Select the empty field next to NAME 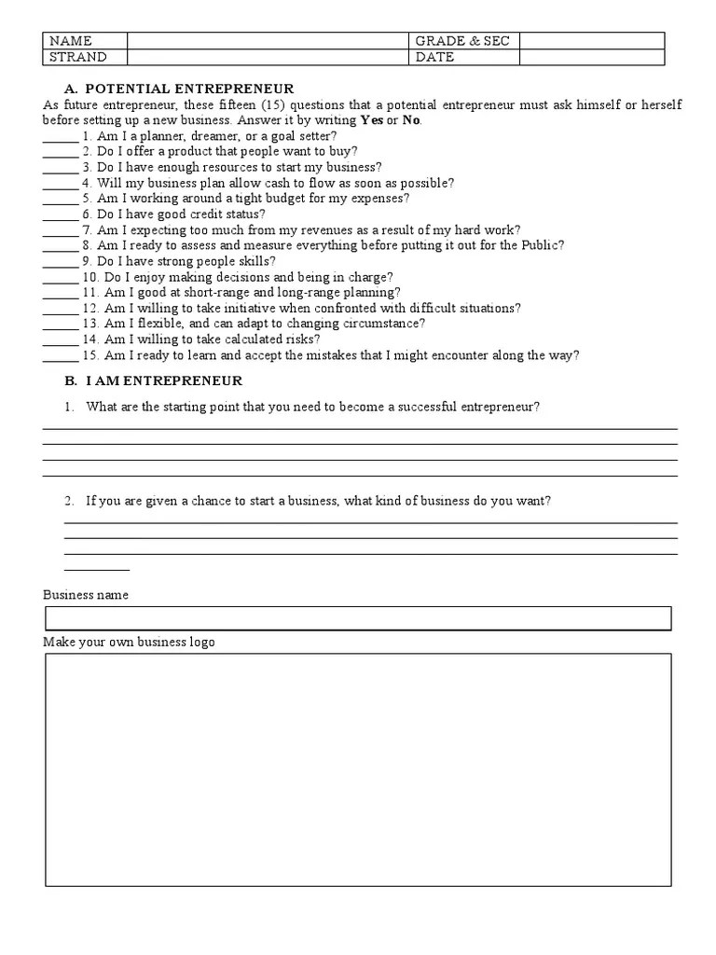click(x=268, y=40)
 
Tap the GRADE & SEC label click(x=463, y=40)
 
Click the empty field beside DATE click(x=591, y=57)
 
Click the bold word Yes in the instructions click(x=371, y=120)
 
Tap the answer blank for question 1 click(x=61, y=136)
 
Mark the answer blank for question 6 click(x=61, y=215)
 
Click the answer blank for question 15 click(x=61, y=356)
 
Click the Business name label click(x=86, y=595)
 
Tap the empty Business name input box click(x=358, y=618)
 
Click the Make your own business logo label click(x=129, y=643)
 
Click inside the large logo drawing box click(x=358, y=769)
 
